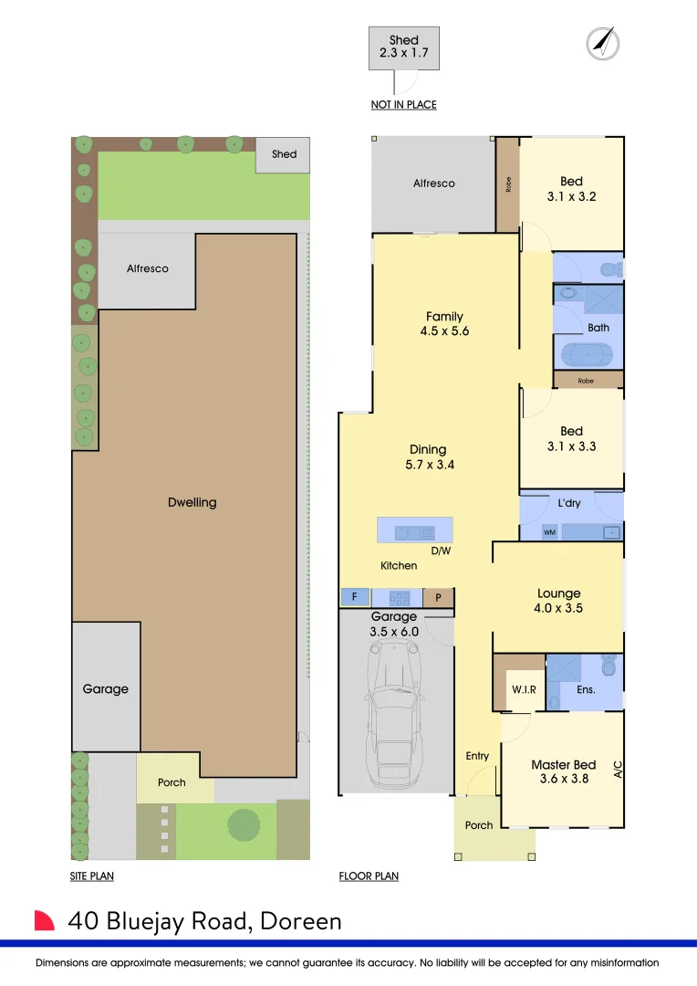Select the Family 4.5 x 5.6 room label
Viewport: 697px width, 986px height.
click(444, 324)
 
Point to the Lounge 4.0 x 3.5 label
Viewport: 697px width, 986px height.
click(558, 601)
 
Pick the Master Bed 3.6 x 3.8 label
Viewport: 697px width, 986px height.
click(563, 772)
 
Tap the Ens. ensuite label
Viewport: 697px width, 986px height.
click(586, 689)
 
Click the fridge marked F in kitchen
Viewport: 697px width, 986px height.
click(354, 598)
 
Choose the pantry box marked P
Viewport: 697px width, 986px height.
click(438, 598)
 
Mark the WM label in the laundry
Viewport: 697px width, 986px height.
click(549, 531)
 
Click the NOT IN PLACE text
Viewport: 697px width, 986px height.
click(403, 105)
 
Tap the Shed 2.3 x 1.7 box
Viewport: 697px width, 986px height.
click(403, 47)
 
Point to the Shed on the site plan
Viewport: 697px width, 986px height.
click(284, 154)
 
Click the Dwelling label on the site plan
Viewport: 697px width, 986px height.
click(192, 502)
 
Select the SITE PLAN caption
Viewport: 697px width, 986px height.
click(91, 876)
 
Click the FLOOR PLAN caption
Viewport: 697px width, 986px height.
click(369, 876)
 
